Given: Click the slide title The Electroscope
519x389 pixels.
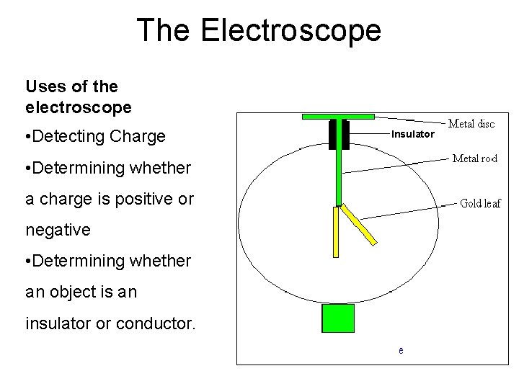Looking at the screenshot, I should [x=259, y=30].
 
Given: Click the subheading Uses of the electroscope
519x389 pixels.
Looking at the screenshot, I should [x=78, y=97].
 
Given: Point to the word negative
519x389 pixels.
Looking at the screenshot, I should [x=58, y=231].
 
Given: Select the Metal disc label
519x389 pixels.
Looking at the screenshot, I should [x=472, y=124].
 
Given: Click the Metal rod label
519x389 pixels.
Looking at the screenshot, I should [x=474, y=158].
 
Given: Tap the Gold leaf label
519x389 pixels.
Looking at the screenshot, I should [x=480, y=203].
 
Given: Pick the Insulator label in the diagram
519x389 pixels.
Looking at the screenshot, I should [x=412, y=135].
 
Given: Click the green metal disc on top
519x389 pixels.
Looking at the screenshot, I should [x=338, y=116].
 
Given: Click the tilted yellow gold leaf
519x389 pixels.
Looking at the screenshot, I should [x=359, y=225].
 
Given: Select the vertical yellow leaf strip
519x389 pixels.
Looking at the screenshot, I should [x=335, y=232].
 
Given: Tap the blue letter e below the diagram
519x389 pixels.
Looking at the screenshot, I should [x=401, y=351].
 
